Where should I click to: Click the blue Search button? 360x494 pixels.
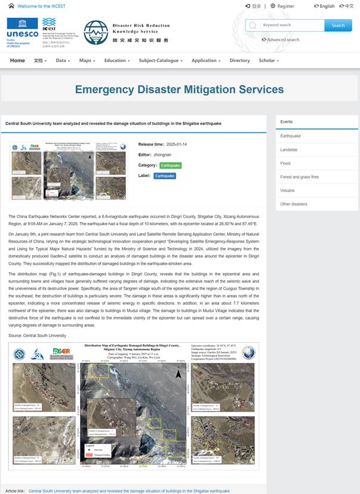[x=338, y=25]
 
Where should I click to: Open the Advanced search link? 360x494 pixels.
[x=282, y=39]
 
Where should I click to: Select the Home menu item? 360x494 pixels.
[x=17, y=60]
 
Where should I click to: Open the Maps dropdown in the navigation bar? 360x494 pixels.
[x=87, y=60]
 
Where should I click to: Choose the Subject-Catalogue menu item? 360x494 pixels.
[x=161, y=60]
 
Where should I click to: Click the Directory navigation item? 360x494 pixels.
[x=239, y=60]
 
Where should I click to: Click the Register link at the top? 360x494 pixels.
[x=285, y=6]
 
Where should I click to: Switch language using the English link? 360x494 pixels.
[x=326, y=6]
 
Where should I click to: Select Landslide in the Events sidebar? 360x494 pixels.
[x=288, y=149]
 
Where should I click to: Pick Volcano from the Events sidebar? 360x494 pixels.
[x=287, y=191]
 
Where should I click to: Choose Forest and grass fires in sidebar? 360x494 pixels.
[x=299, y=177]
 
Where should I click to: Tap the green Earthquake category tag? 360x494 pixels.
[x=170, y=165]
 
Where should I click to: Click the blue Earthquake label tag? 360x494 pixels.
[x=165, y=176]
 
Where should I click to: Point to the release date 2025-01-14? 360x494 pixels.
[x=177, y=144]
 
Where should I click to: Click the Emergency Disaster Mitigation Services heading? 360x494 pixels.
[x=179, y=90]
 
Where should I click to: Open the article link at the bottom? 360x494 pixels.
[x=129, y=490]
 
